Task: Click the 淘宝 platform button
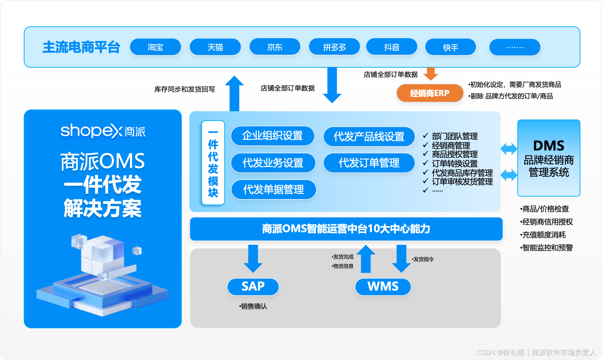click(155, 47)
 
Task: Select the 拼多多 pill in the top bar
click(334, 47)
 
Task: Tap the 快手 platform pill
click(450, 47)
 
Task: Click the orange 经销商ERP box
click(430, 93)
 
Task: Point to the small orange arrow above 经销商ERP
click(431, 74)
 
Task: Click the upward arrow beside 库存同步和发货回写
click(234, 93)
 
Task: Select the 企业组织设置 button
click(273, 136)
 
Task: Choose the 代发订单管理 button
click(369, 163)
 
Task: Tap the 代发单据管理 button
click(273, 189)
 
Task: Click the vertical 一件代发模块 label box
click(213, 163)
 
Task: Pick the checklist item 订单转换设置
click(454, 163)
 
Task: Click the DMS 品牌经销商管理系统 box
click(548, 158)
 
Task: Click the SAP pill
click(253, 287)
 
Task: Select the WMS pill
click(383, 287)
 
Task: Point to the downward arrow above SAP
click(253, 258)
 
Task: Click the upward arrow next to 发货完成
click(366, 258)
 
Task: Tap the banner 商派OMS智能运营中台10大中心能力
click(346, 229)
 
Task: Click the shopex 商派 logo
click(103, 131)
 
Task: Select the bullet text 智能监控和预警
click(547, 248)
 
